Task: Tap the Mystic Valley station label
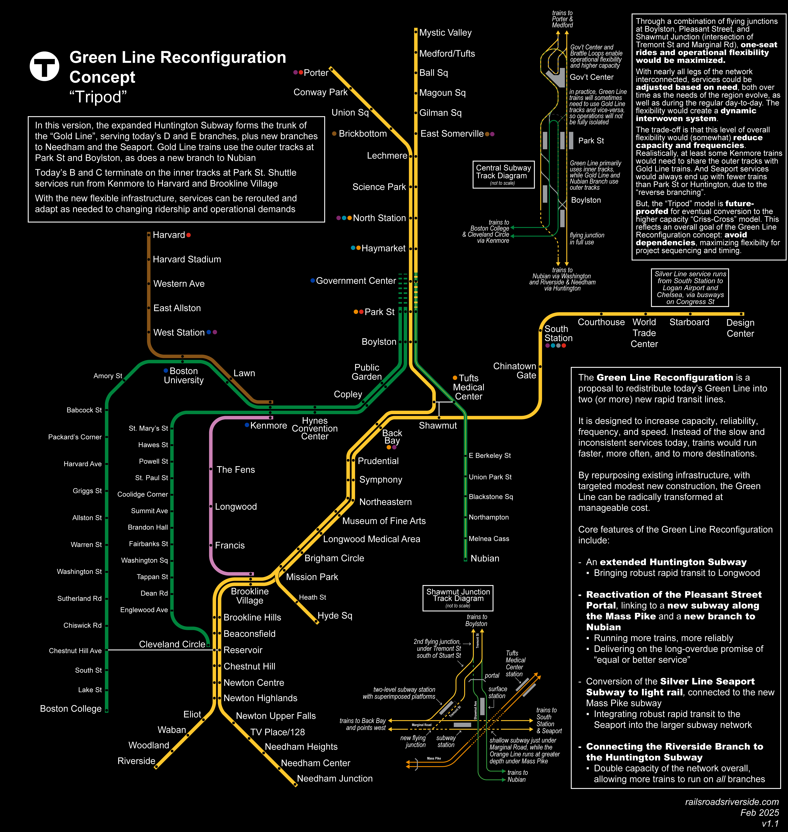click(445, 33)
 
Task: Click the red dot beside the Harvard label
click(189, 235)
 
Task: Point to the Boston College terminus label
click(71, 709)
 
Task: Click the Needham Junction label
click(334, 778)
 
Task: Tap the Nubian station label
click(485, 558)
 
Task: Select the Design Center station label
click(740, 328)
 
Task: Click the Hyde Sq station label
click(335, 615)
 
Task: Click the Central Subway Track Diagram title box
click(503, 174)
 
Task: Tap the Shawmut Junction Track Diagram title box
click(458, 598)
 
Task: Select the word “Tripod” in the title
click(98, 97)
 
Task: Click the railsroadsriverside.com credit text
click(732, 802)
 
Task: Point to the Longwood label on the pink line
click(236, 506)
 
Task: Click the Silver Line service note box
click(690, 288)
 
